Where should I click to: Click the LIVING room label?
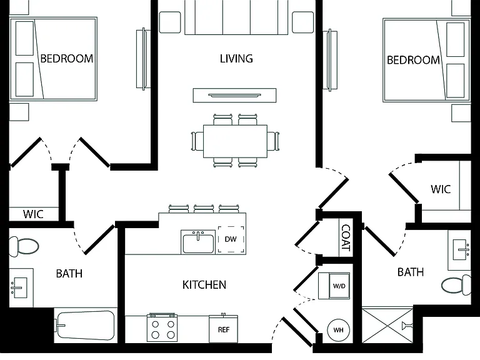tap(236, 59)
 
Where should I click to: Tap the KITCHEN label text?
tap(204, 285)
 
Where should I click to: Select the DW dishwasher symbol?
tap(231, 239)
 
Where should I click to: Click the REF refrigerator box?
tap(224, 329)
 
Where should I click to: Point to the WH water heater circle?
tap(338, 330)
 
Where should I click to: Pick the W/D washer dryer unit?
tap(334, 286)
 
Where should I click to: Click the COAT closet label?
tap(346, 237)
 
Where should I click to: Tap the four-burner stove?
tap(162, 327)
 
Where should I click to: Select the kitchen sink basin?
tap(198, 242)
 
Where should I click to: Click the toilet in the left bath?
tap(24, 246)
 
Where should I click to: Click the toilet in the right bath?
tap(456, 285)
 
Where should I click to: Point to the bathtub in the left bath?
tap(86, 325)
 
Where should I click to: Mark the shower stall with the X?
tap(387, 326)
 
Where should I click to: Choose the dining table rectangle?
tap(235, 141)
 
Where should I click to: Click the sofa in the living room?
tap(236, 17)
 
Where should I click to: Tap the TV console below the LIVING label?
tap(234, 95)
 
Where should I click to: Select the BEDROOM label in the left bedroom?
tap(67, 59)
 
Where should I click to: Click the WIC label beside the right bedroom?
tap(441, 189)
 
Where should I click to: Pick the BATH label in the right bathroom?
tap(411, 272)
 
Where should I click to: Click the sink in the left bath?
tap(19, 287)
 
